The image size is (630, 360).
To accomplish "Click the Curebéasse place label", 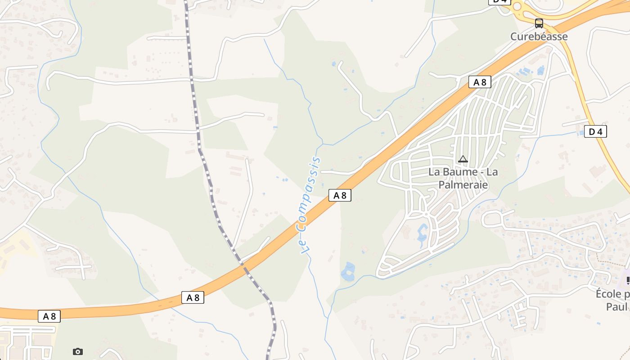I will click(539, 36).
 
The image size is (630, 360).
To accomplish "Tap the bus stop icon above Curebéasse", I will click(539, 23).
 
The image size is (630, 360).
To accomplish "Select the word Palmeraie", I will click(463, 184).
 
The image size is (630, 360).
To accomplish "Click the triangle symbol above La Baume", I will click(463, 159).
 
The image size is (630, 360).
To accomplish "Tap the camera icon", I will click(78, 351).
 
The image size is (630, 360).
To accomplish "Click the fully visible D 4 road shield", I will click(595, 131).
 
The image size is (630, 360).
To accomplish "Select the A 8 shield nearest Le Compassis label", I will click(340, 195).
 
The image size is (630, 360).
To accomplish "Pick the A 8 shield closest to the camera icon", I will click(49, 316).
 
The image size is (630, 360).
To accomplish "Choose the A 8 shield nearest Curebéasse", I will click(479, 82).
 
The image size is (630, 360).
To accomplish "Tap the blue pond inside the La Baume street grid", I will click(423, 234).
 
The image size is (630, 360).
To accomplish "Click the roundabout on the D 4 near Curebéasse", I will click(516, 6).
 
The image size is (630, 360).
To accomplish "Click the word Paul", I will click(616, 307).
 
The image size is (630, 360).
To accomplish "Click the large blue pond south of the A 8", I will click(347, 271).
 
